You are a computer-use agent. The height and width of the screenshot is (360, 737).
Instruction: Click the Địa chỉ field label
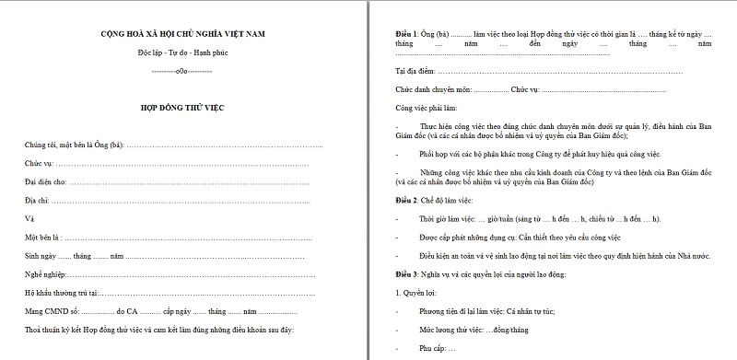click(37, 201)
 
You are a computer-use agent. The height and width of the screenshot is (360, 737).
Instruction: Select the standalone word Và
click(29, 219)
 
